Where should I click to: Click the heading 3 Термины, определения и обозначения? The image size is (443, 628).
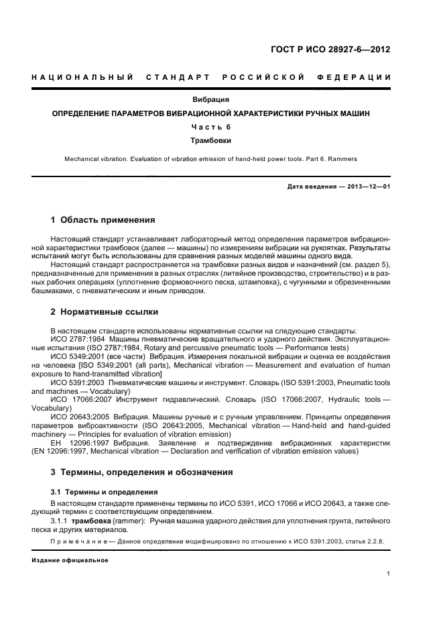click(x=142, y=472)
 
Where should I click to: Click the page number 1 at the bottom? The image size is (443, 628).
click(x=389, y=574)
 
